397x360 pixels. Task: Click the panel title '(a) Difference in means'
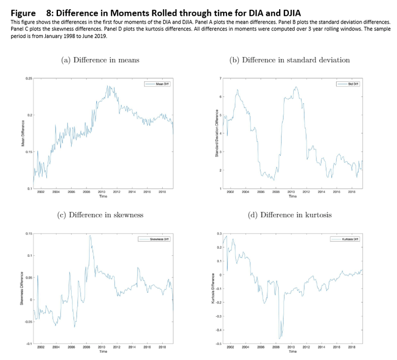pos(100,60)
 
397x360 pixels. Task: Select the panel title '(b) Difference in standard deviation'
pos(289,60)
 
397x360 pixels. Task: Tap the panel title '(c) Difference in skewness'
pos(100,214)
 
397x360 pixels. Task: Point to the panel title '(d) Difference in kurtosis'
pos(290,214)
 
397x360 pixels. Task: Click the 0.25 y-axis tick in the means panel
pos(29,79)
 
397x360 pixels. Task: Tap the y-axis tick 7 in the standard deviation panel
pos(221,79)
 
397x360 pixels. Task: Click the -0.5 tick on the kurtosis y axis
pos(219,343)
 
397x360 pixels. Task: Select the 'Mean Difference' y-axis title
pos(23,134)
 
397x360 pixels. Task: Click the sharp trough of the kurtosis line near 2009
pos(280,339)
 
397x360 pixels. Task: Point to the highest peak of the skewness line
pos(90,236)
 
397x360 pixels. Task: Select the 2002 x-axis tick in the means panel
pos(41,193)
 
